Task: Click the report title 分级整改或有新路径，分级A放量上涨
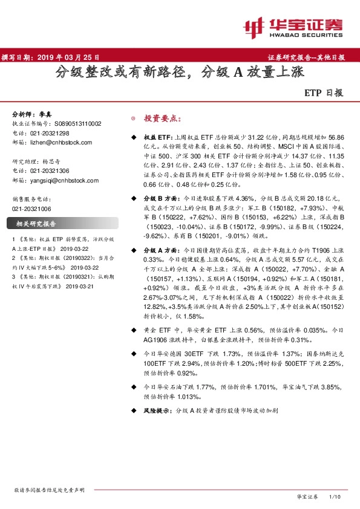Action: pos(180,73)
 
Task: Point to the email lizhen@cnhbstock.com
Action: pos(61,143)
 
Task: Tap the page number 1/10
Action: pos(334,496)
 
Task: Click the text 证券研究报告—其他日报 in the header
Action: pos(306,57)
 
